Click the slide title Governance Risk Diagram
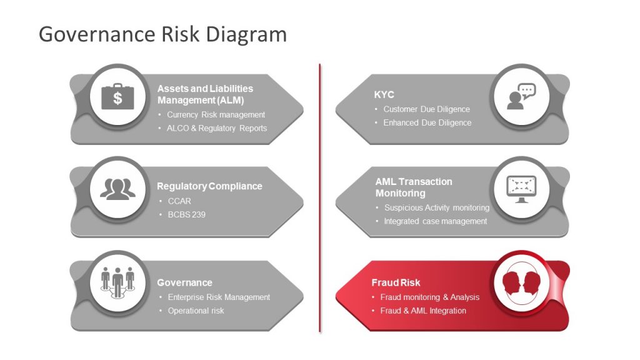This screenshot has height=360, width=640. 162,34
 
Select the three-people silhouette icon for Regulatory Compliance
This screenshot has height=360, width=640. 117,189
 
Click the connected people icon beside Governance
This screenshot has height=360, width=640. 117,282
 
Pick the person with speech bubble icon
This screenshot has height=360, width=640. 521,96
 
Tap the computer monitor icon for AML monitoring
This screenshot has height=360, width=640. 521,189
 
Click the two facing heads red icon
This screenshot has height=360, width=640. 521,282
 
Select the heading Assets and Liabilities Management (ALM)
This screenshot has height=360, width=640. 205,94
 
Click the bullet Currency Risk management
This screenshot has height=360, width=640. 216,115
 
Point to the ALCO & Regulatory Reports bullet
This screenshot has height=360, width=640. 217,128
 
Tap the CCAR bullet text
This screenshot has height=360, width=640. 179,201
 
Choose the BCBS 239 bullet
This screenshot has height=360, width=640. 186,214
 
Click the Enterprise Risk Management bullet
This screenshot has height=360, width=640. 219,297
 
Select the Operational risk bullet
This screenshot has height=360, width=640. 196,311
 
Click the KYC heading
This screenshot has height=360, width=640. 384,95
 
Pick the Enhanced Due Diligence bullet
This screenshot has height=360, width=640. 427,122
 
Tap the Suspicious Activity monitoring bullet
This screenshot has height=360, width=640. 436,207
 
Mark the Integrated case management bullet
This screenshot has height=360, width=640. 435,221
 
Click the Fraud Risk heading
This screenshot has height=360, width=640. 396,282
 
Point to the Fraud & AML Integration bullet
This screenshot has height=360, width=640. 423,311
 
